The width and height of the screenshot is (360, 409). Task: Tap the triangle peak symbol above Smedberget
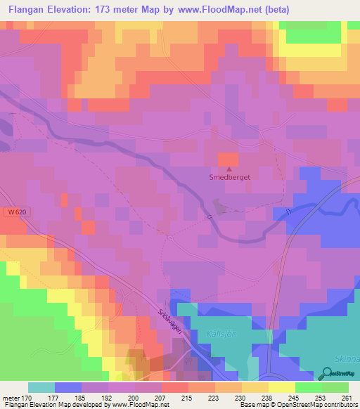click(x=228, y=169)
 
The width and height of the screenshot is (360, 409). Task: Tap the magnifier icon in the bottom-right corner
click(x=328, y=374)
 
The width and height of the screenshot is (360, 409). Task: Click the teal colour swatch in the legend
click(x=41, y=387)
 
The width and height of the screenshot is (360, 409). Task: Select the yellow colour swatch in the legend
click(x=281, y=387)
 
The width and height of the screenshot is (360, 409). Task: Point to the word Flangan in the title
click(x=27, y=10)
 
